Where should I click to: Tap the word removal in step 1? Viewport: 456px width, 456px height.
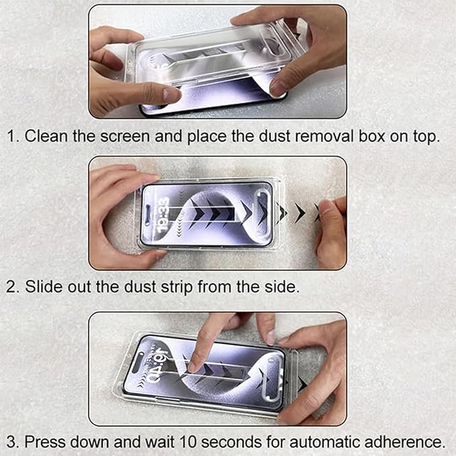[322, 136]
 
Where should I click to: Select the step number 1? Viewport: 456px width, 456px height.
[11, 136]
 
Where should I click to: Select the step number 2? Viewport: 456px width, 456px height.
[11, 287]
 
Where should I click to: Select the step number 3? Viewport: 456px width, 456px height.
[11, 442]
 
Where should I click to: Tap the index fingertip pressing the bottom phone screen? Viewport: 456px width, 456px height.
[194, 366]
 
